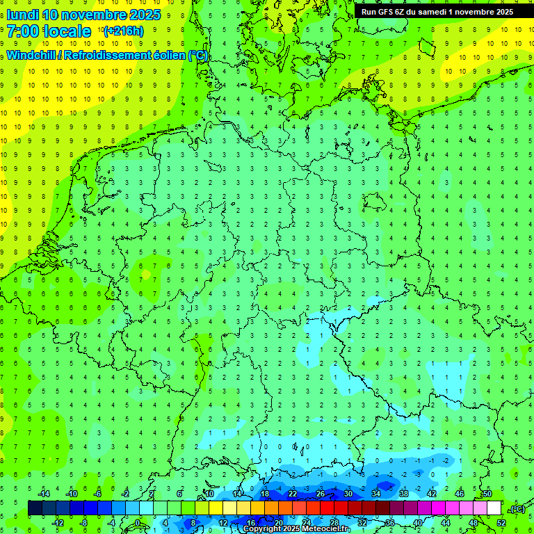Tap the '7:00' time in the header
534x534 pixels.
[x=22, y=31]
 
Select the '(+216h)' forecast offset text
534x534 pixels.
[x=123, y=31]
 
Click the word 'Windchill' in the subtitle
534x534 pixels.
[x=32, y=55]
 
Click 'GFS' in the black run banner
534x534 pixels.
[x=388, y=12]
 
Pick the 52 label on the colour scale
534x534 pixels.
[x=501, y=523]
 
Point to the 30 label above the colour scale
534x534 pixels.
[x=348, y=494]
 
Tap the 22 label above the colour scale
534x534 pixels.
[x=293, y=494]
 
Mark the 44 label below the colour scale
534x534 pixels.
[x=446, y=523]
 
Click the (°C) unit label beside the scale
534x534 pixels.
[x=517, y=509]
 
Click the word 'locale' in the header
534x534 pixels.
[x=67, y=31]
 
